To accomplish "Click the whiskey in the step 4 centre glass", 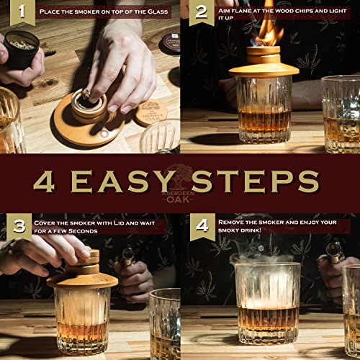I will (x=267, y=317).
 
